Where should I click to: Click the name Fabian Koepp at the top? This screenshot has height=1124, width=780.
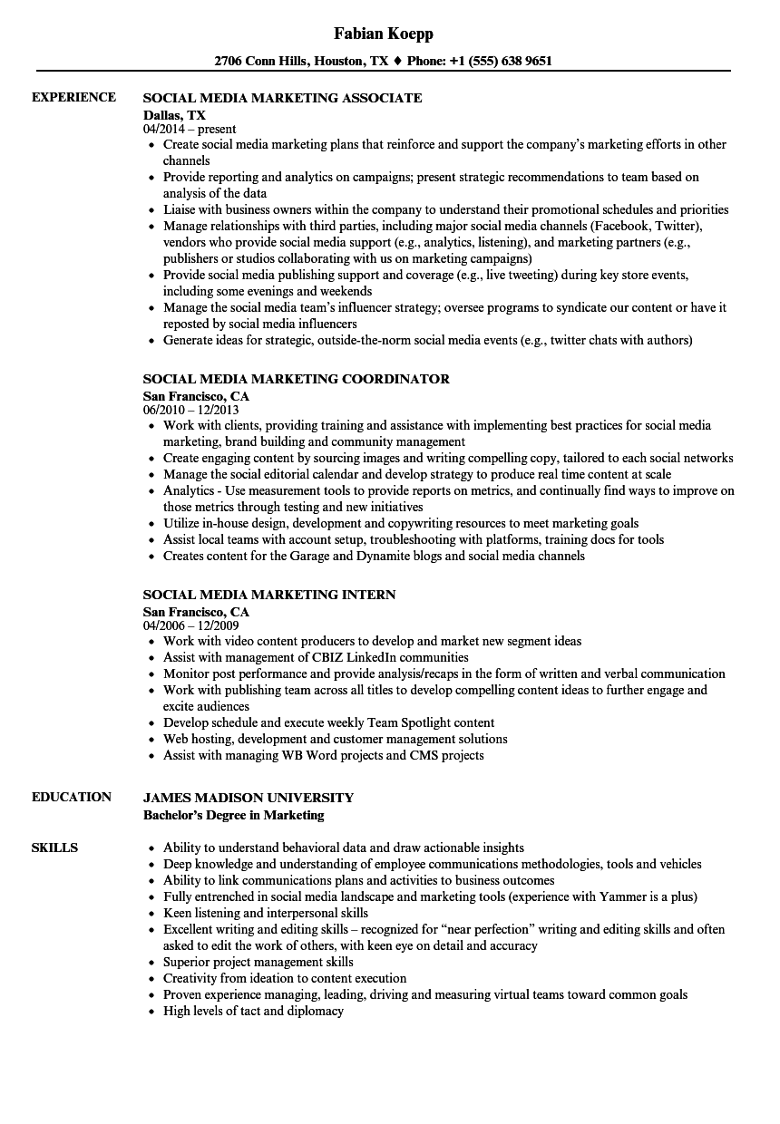coord(383,34)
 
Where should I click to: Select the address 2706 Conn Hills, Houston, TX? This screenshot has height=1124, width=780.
coord(301,62)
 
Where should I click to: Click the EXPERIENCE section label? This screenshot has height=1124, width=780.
coord(73,97)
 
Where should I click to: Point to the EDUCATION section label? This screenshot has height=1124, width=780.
coord(72,797)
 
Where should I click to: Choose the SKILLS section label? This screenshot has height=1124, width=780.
coord(54,848)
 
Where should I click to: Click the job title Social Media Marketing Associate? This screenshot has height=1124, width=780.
coord(282,98)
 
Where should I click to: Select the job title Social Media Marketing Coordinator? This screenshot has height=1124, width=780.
coord(296,379)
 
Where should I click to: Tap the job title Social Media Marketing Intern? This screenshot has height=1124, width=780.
coord(269,595)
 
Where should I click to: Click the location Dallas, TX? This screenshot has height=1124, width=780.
coord(174,115)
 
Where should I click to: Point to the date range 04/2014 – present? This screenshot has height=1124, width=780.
coord(190,130)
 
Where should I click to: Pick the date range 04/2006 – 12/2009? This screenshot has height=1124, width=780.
coord(190,626)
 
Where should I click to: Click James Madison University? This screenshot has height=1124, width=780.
coord(249,798)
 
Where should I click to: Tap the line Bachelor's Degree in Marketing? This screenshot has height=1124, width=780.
coord(233,815)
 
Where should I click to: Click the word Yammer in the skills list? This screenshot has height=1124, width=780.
coord(622,896)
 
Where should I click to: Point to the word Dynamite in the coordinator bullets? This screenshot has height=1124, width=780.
coord(374,556)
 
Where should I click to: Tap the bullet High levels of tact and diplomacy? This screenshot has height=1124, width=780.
coord(253,1011)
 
